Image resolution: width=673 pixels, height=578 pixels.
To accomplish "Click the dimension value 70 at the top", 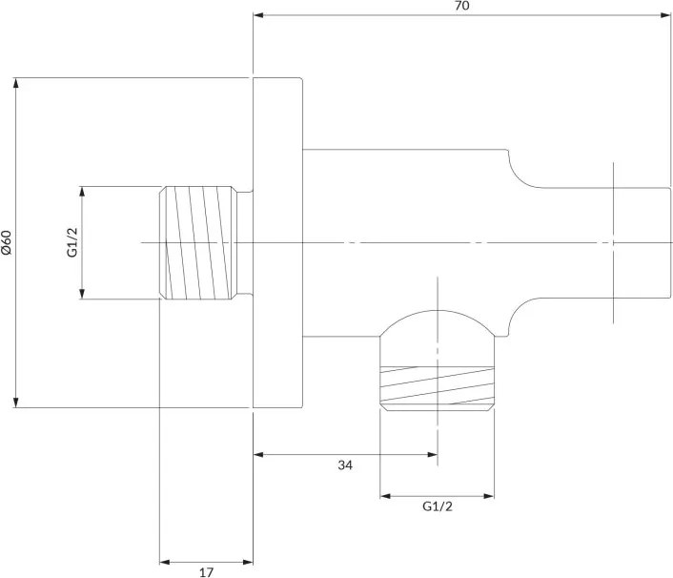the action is [461, 6].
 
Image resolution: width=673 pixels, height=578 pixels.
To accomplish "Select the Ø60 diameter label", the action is [7, 243].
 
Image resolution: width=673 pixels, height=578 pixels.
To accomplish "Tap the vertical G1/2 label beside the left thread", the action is [72, 242].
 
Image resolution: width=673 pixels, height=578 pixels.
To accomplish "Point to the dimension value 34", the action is [345, 465].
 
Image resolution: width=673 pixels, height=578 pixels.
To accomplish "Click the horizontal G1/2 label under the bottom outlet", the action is [438, 506].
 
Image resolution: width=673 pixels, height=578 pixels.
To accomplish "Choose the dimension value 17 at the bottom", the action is [207, 572].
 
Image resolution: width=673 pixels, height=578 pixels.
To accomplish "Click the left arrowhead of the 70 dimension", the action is [258, 15].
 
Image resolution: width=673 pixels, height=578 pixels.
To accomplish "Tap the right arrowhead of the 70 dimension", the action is [665, 15].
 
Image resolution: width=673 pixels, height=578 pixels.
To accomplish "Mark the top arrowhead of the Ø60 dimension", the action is [16, 83].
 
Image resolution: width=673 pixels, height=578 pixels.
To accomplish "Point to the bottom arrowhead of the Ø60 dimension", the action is [16, 403].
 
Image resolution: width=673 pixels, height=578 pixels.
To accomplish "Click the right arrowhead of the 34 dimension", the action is [433, 454].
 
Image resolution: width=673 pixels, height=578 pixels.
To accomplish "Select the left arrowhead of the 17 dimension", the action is [165, 562].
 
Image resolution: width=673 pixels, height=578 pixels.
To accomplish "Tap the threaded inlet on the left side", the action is [198, 242].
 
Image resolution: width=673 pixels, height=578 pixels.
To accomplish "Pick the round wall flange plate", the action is [277, 242].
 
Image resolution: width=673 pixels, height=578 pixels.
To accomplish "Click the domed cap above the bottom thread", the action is [437, 323].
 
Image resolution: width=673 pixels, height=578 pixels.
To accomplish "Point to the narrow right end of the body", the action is [642, 242].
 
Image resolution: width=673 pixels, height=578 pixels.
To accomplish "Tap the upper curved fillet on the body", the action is [520, 171].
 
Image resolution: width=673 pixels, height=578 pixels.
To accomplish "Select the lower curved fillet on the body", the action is [520, 316].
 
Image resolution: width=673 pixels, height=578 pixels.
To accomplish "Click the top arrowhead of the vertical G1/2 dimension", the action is [82, 192].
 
